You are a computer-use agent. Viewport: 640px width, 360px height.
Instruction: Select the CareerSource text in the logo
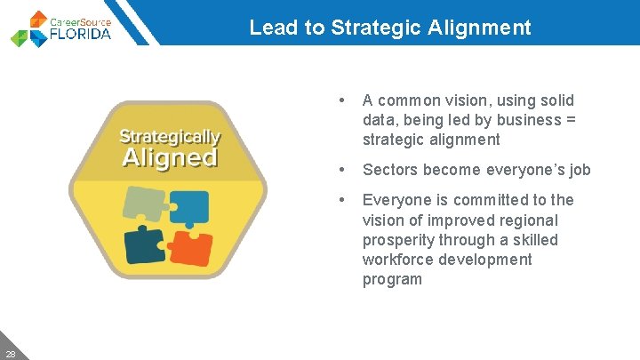(x=81, y=20)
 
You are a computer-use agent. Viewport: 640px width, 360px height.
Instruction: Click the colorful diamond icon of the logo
(x=31, y=28)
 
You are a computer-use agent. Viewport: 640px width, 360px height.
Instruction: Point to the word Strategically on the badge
(x=169, y=137)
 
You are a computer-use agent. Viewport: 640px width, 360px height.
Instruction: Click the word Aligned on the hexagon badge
(x=169, y=158)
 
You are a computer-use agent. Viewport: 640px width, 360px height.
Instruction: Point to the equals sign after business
(x=572, y=120)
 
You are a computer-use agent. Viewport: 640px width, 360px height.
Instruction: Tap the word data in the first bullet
(x=377, y=120)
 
